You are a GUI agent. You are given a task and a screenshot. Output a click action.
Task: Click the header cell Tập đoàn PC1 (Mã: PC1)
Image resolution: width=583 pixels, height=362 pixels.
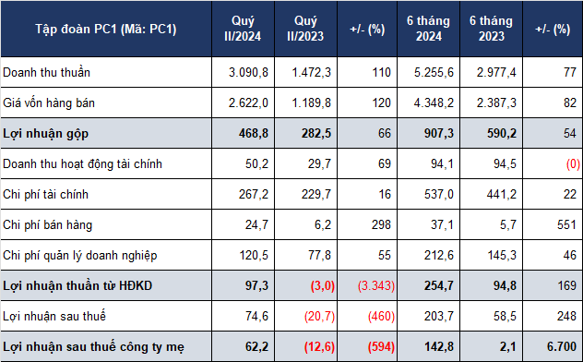106,29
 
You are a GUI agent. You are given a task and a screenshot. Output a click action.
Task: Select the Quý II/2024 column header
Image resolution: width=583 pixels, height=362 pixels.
243,29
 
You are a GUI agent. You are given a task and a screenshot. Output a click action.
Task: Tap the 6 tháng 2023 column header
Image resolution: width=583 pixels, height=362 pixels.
491,29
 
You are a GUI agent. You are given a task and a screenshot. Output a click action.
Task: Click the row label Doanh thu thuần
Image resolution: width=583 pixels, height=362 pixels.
46,72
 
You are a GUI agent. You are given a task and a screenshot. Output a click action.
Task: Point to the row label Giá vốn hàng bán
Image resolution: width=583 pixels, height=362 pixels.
49,103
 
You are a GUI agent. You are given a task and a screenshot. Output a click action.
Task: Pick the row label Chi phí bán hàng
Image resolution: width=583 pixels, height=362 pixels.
48,224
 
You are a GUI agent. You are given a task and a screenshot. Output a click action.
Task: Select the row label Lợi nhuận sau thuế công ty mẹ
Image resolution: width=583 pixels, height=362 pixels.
94,346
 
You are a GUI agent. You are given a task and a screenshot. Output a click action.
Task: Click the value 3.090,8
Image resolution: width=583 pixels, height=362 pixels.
248,72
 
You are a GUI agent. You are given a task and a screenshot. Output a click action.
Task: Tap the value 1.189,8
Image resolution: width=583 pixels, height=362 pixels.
311,103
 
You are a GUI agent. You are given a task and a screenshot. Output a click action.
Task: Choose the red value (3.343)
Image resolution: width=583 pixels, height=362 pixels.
376,285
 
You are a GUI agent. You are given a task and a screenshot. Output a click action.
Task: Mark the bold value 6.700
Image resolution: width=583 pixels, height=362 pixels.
562,346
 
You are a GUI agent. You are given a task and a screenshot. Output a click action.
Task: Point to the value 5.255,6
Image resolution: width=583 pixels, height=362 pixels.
434,72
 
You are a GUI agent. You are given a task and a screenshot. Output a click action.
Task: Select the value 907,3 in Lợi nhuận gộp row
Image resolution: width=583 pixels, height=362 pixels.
439,133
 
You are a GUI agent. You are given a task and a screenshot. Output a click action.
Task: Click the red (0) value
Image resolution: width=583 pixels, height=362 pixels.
573,163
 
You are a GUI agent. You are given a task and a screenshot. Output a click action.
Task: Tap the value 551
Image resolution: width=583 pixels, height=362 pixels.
566,224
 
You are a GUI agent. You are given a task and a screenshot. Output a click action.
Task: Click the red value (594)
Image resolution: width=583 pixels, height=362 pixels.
381,346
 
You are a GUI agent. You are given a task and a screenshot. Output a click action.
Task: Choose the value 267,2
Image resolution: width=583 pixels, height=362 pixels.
254,194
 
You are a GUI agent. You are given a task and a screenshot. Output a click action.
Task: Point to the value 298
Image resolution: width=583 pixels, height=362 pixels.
381,224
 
